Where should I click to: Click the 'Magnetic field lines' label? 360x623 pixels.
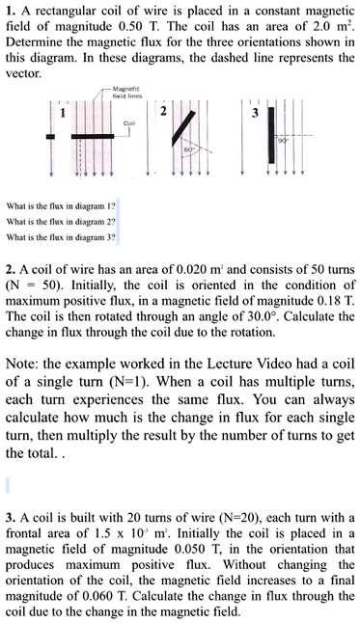pyautogui.click(x=130, y=92)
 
